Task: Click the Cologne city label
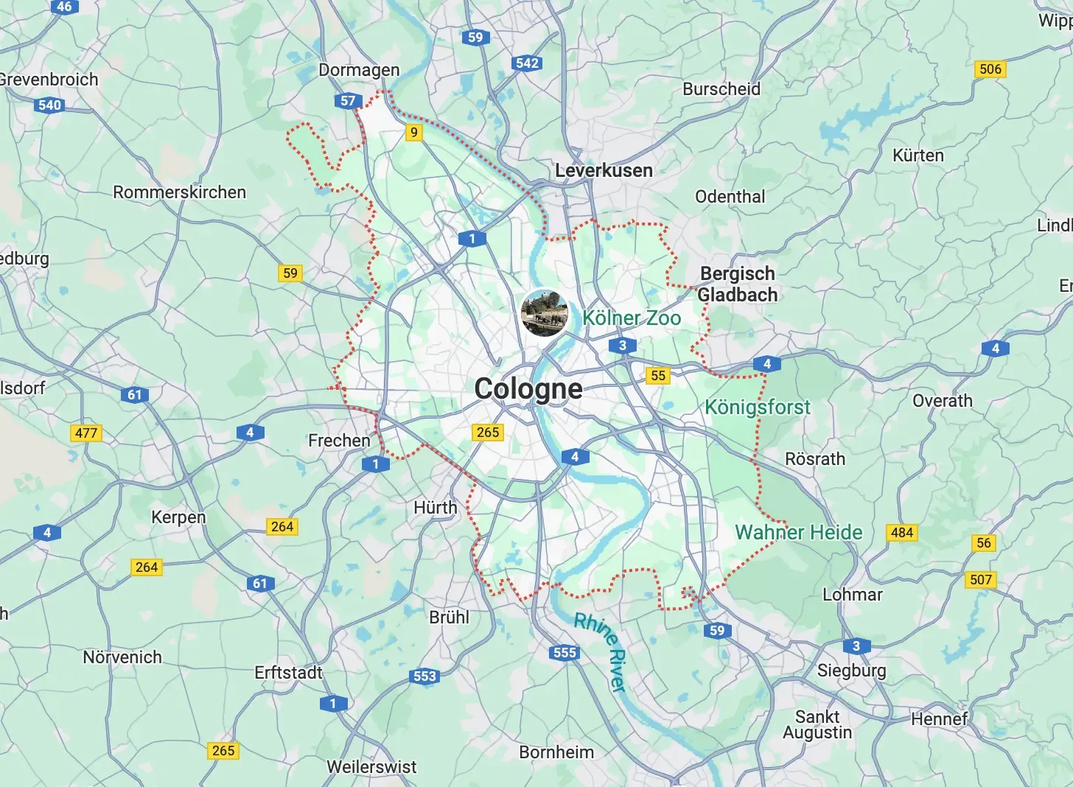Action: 528,389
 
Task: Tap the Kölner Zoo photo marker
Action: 545,312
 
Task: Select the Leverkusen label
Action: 604,171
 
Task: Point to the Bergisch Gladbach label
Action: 737,284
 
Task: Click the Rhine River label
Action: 601,651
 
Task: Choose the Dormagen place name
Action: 359,70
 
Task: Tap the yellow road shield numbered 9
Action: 414,133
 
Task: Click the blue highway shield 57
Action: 348,101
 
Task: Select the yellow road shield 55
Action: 658,376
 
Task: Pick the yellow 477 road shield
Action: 86,433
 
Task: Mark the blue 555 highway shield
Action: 565,652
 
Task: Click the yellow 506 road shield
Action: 990,69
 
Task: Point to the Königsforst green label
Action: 757,408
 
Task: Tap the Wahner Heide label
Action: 799,533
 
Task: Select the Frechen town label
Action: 339,441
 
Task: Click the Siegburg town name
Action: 851,671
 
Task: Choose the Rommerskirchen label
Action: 179,192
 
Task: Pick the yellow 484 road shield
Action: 902,533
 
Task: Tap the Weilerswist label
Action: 371,767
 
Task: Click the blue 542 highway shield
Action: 528,63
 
